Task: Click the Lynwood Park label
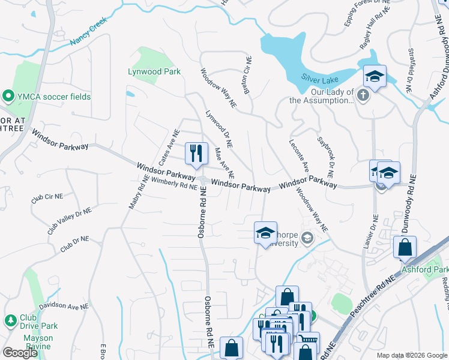154,72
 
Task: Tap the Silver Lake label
320,79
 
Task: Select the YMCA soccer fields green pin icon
8,96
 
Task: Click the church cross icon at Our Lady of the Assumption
363,95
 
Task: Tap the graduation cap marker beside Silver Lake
375,76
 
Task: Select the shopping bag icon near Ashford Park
405,247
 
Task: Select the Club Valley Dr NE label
70,221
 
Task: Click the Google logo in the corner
20,353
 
